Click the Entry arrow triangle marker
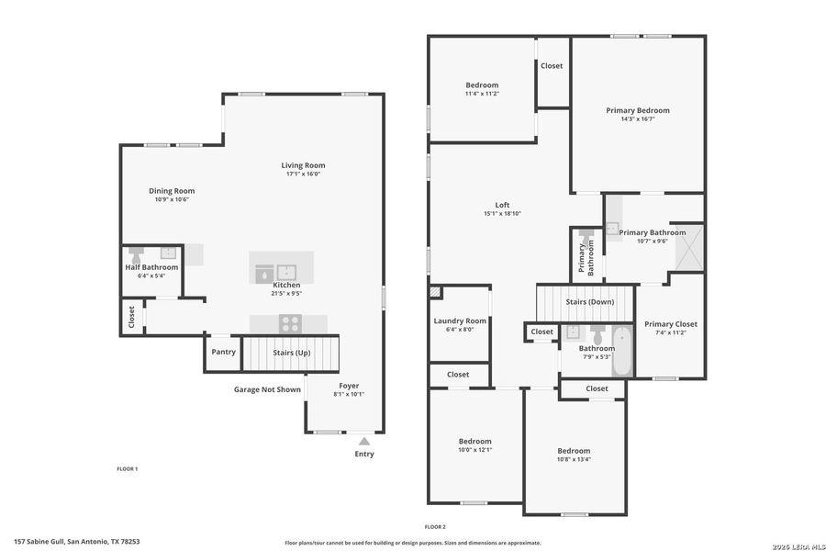pos(364,442)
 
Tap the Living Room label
pos(304,165)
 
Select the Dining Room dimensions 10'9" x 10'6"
pos(172,199)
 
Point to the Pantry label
pos(223,352)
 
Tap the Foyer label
pos(349,386)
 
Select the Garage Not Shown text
pos(267,389)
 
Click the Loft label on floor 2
pos(502,205)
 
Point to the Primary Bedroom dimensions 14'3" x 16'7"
pos(638,118)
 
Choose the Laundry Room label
pos(460,320)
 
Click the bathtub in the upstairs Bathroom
pos(622,351)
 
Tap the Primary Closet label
pos(671,324)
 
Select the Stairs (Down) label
pos(590,301)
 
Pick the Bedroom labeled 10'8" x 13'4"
pos(574,451)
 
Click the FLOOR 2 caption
pos(435,526)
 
